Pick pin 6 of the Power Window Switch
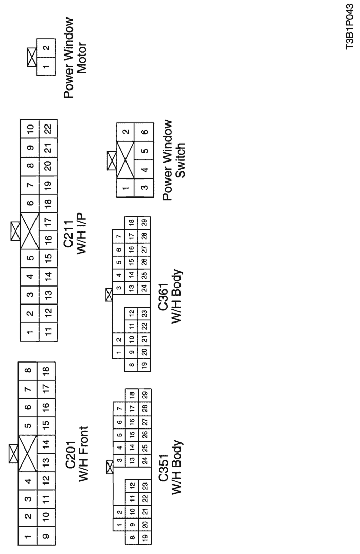coord(144,132)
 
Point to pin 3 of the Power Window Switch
coord(144,187)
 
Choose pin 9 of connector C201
coord(46,536)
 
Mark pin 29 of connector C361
coord(144,223)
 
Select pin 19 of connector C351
coord(145,537)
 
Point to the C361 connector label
coord(164,297)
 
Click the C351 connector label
coord(164,468)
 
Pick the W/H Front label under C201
coord(83,454)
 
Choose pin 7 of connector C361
coord(119,236)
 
